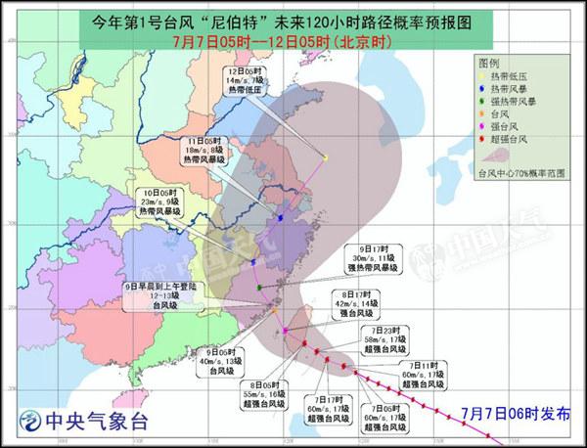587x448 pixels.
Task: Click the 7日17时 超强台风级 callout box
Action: coord(322,411)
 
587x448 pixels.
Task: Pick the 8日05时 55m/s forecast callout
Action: coord(265,394)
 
